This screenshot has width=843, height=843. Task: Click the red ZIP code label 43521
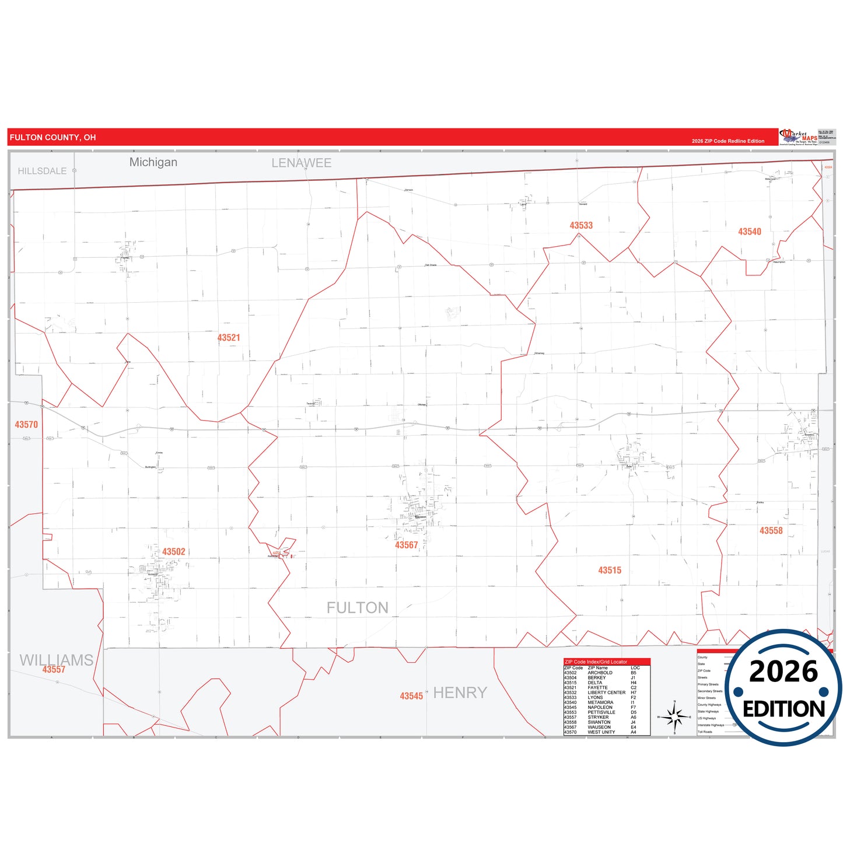(229, 338)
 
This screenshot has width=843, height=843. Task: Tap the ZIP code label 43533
(581, 226)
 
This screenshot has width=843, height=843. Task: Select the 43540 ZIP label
(750, 232)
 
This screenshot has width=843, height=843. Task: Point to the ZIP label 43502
(174, 552)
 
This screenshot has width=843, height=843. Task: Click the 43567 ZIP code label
(407, 545)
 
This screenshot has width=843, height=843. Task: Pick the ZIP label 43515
(610, 571)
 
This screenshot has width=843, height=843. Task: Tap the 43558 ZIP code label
(771, 531)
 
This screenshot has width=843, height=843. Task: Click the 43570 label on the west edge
(26, 425)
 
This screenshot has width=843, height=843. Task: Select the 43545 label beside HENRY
(411, 696)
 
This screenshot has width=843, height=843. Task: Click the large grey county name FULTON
(358, 608)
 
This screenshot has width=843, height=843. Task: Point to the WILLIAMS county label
(57, 660)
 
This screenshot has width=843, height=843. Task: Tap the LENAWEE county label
(302, 163)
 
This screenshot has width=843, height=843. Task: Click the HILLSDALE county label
(42, 171)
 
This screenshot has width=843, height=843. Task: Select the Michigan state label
(153, 162)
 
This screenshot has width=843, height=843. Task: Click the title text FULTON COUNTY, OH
(53, 138)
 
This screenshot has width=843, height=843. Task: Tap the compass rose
(674, 716)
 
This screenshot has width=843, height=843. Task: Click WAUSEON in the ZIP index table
(599, 727)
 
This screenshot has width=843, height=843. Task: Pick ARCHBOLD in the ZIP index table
(600, 673)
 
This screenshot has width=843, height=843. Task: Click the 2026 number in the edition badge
(783, 671)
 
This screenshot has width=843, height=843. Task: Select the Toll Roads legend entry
(705, 732)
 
